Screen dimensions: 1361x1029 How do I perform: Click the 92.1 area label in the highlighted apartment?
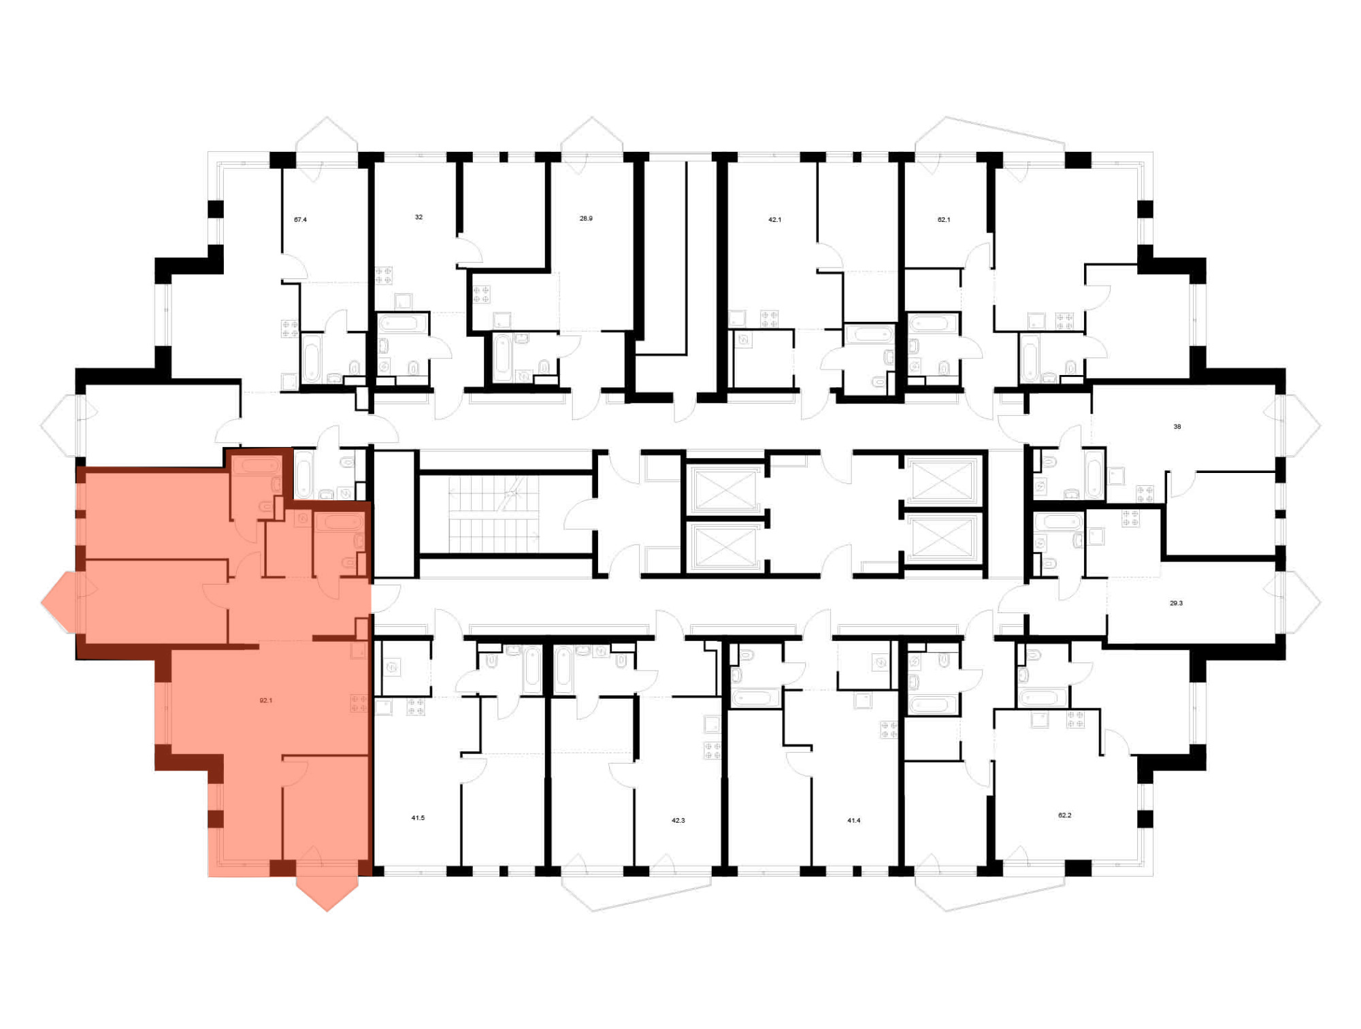pyautogui.click(x=266, y=700)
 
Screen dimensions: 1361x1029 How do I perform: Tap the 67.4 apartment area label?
pyautogui.click(x=300, y=220)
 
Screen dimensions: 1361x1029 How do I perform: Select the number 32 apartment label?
pyautogui.click(x=419, y=217)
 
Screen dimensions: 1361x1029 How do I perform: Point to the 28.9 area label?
pyautogui.click(x=586, y=218)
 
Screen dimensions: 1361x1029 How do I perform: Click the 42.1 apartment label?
pyautogui.click(x=774, y=220)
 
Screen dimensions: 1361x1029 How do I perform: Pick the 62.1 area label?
pyautogui.click(x=944, y=220)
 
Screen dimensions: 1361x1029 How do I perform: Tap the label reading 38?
pyautogui.click(x=1177, y=427)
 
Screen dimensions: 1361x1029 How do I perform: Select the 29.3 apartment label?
pyautogui.click(x=1176, y=603)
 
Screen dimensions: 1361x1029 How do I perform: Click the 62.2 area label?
pyautogui.click(x=1065, y=815)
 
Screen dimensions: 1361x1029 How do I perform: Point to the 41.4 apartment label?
pyautogui.click(x=854, y=821)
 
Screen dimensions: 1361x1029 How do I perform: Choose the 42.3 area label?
pyautogui.click(x=678, y=821)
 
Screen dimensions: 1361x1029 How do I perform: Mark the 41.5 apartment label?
pyautogui.click(x=418, y=818)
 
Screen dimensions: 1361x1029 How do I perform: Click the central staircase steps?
pyautogui.click(x=493, y=514)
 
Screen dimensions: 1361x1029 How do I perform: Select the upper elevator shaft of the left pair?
pyautogui.click(x=725, y=489)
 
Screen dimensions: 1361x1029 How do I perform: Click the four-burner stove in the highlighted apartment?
pyautogui.click(x=359, y=703)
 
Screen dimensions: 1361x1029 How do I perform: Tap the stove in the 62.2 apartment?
pyautogui.click(x=1075, y=719)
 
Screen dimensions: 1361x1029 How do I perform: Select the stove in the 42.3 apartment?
pyautogui.click(x=712, y=751)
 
